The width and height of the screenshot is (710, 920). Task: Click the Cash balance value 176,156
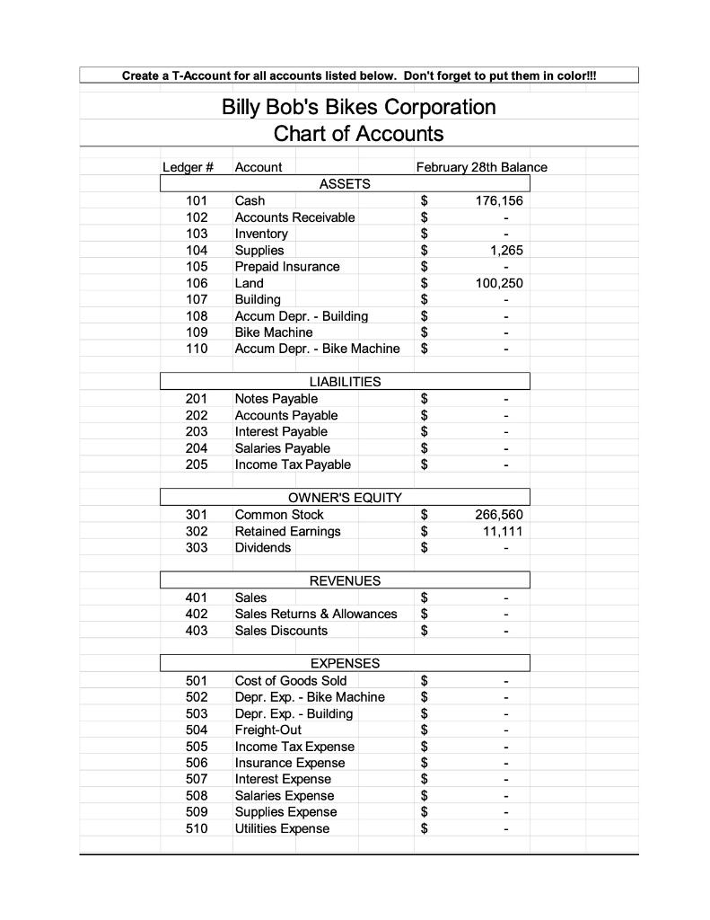click(x=498, y=200)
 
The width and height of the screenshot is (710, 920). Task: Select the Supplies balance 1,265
click(x=505, y=250)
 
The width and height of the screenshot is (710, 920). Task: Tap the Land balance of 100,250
click(x=498, y=283)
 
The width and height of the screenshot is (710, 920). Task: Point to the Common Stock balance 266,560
click(x=498, y=515)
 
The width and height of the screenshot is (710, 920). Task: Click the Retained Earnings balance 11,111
click(x=502, y=531)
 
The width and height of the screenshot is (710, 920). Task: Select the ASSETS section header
click(x=345, y=183)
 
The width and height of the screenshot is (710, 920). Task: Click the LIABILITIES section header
click(x=345, y=382)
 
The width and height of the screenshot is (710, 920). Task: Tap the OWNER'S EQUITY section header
click(x=345, y=498)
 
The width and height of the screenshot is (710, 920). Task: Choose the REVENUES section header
click(x=345, y=580)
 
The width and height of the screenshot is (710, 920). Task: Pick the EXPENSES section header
click(x=345, y=663)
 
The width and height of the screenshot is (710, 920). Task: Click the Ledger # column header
click(x=188, y=167)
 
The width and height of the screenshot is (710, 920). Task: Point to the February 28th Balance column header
click(x=481, y=167)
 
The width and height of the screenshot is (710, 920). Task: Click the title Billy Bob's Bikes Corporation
click(x=358, y=107)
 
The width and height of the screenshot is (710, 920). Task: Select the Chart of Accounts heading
click(x=358, y=134)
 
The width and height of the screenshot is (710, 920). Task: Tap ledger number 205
click(x=197, y=464)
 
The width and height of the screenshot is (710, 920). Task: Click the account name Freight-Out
click(x=267, y=730)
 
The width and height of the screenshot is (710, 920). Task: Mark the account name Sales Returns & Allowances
click(x=315, y=614)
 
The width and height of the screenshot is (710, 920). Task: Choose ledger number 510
click(x=197, y=828)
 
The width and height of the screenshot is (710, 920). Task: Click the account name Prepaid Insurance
click(x=286, y=267)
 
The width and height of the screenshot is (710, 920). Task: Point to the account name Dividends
click(x=262, y=547)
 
